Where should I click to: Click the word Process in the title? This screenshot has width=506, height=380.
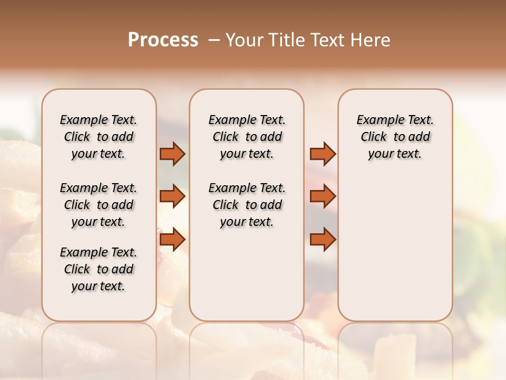click(163, 40)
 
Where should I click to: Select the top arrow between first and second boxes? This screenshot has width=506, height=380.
click(172, 154)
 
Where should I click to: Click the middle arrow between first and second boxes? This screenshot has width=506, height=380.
click(172, 196)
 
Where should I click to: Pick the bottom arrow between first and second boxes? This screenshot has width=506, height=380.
click(172, 239)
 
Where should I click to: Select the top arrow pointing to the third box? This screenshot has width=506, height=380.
click(323, 154)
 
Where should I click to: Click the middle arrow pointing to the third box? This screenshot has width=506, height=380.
click(323, 196)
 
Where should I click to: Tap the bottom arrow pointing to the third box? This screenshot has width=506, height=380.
click(323, 239)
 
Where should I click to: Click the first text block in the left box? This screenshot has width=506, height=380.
click(99, 137)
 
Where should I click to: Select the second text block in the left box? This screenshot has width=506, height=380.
click(99, 205)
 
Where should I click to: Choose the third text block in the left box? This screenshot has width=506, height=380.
click(99, 269)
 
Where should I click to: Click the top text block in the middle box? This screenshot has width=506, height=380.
click(247, 137)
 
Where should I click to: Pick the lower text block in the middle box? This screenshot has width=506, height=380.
click(247, 205)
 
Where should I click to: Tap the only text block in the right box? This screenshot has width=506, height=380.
click(395, 137)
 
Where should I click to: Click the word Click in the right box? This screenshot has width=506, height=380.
click(374, 137)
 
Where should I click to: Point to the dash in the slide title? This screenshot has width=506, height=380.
click(214, 41)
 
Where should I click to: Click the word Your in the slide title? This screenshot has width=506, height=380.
click(244, 40)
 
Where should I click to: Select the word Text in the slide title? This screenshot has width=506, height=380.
click(328, 40)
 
